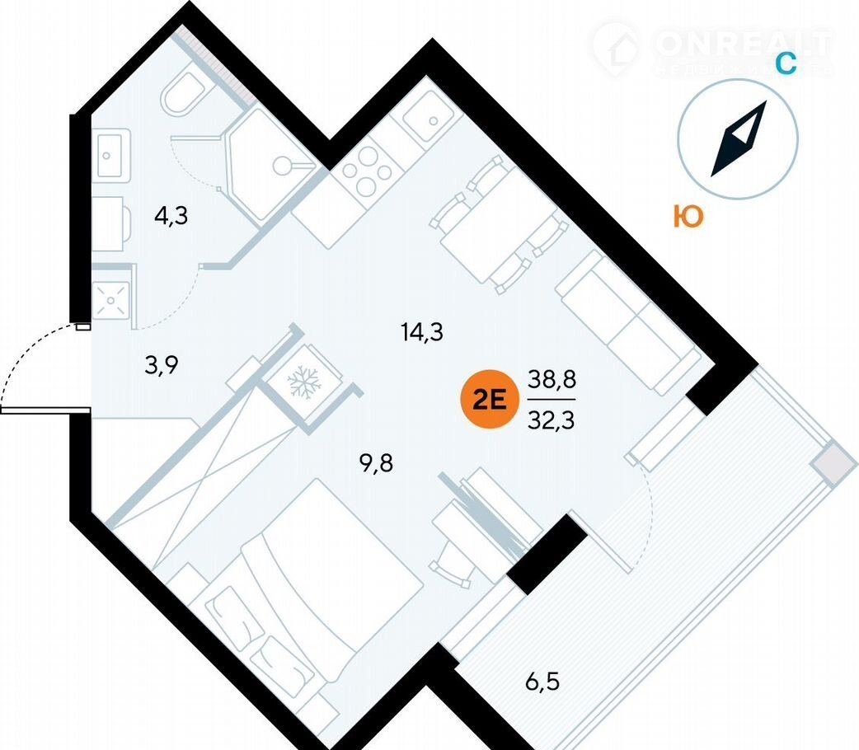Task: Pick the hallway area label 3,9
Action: pos(162,365)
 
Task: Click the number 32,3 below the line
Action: pos(552,420)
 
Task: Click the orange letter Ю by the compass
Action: pos(688,217)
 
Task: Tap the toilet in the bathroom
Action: pos(186,96)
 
